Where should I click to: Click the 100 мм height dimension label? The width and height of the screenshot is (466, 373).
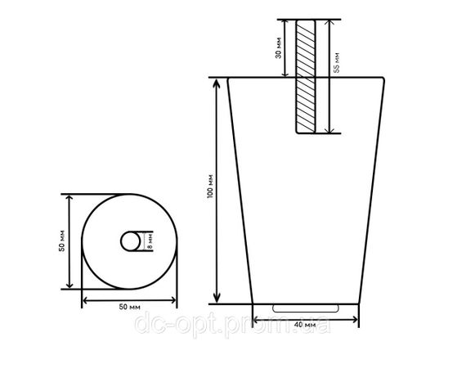pos(210,186)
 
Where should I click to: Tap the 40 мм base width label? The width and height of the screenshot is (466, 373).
pos(305,325)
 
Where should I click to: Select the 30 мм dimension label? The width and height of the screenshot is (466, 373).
pos(279,48)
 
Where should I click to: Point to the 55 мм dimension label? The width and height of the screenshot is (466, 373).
pos(336,63)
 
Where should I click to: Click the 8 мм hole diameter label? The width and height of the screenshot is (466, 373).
pos(150,241)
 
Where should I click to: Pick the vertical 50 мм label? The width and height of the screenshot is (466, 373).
pos(61,241)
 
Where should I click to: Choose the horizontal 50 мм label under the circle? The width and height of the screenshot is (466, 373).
pos(129,307)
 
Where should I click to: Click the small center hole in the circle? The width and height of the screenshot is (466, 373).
pos(131,241)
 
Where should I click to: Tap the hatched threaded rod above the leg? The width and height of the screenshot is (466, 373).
pos(306,76)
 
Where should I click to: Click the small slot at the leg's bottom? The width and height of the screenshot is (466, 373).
pos(306,308)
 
